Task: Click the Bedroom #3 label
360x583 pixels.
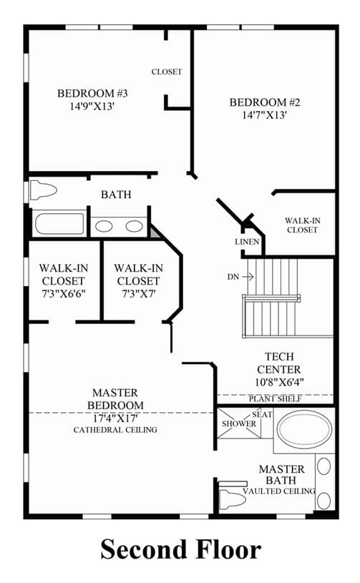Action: point(92,93)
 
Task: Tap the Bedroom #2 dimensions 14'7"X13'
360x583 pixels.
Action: point(264,115)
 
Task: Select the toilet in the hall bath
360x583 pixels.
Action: point(43,190)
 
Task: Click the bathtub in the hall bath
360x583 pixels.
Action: point(59,223)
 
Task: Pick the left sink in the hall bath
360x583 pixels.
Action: point(104,226)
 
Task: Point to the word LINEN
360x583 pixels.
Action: point(247,242)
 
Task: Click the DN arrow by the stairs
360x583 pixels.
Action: point(248,277)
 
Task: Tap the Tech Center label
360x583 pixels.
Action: point(279,363)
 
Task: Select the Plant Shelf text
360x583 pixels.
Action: point(275,399)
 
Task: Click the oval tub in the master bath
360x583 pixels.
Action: point(305,429)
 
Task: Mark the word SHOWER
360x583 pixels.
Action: point(239,423)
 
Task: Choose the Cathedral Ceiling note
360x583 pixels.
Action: point(115,430)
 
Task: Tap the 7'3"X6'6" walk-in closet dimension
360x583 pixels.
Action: point(64,294)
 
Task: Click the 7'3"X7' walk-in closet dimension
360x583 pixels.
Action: point(138,294)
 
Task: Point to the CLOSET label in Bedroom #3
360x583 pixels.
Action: point(167,72)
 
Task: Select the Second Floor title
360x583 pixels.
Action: point(181,549)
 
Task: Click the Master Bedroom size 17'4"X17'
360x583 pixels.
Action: point(115,418)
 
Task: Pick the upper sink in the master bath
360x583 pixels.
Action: point(324,466)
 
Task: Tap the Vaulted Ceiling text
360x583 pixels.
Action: point(279,491)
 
